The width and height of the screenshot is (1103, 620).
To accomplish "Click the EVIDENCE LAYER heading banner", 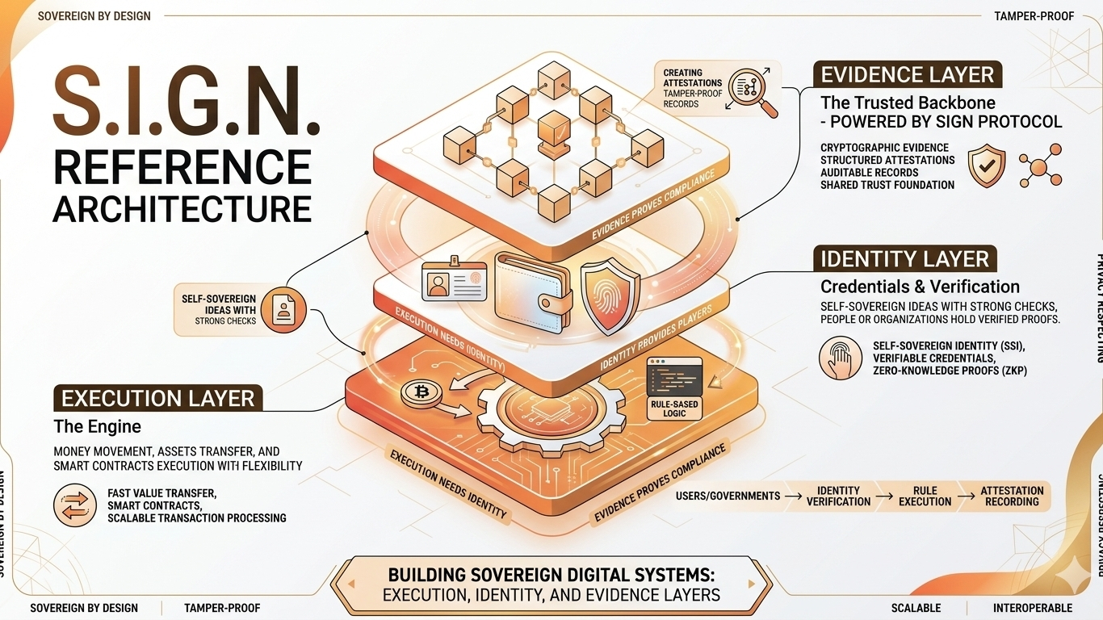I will pyautogui.click(x=907, y=75).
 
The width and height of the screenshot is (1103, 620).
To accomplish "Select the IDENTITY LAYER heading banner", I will pyautogui.click(x=904, y=259).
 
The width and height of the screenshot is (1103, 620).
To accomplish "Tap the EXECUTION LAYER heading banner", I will pyautogui.click(x=157, y=399).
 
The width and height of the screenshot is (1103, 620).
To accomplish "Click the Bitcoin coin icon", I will pyautogui.click(x=420, y=393).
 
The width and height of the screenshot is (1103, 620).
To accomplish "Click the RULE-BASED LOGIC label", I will pyautogui.click(x=674, y=408).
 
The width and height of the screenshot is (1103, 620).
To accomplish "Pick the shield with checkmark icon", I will pyautogui.click(x=987, y=165).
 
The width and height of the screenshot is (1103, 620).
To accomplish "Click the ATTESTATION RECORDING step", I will pyautogui.click(x=1012, y=496).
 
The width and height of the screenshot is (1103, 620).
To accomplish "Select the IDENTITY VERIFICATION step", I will pyautogui.click(x=838, y=496).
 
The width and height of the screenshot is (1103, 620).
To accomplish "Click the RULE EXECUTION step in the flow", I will pyautogui.click(x=925, y=496).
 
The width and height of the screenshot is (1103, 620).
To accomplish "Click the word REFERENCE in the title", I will pyautogui.click(x=182, y=167).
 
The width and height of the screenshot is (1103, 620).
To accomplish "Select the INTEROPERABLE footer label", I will pyautogui.click(x=1032, y=608).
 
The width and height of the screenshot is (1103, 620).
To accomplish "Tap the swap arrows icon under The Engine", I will pyautogui.click(x=75, y=505).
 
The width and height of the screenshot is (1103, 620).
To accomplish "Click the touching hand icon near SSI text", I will pyautogui.click(x=841, y=358).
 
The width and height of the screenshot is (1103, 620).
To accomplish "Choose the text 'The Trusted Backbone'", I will pyautogui.click(x=908, y=103).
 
